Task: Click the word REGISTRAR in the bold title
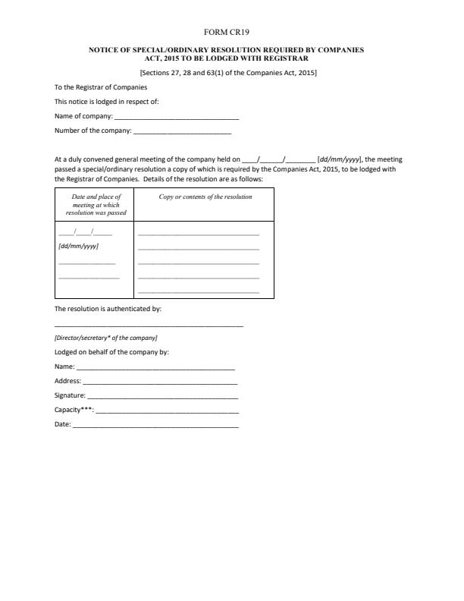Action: pyautogui.click(x=285, y=58)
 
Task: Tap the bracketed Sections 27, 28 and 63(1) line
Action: pyautogui.click(x=228, y=73)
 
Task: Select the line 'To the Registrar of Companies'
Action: pyautogui.click(x=101, y=87)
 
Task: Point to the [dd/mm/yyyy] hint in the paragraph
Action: pyautogui.click(x=339, y=159)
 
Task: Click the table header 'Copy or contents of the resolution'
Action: pyautogui.click(x=205, y=197)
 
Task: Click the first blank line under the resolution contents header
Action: pyautogui.click(x=199, y=234)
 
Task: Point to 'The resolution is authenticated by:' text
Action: pyautogui.click(x=108, y=309)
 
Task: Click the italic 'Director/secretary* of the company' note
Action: pyautogui.click(x=106, y=337)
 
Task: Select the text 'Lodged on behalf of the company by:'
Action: pyautogui.click(x=111, y=352)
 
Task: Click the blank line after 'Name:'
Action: pyautogui.click(x=155, y=368)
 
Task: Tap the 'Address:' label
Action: pyautogui.click(x=68, y=381)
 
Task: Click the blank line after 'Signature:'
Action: pyautogui.click(x=163, y=397)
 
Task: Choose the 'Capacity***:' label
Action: pyautogui.click(x=74, y=410)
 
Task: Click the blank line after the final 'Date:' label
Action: pyautogui.click(x=155, y=426)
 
